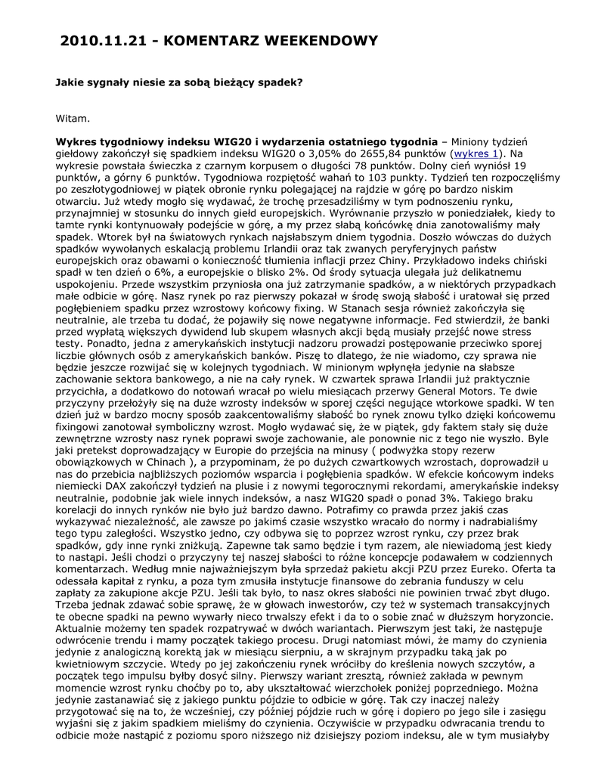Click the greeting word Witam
tap(73, 118)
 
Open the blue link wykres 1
tap(476, 153)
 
